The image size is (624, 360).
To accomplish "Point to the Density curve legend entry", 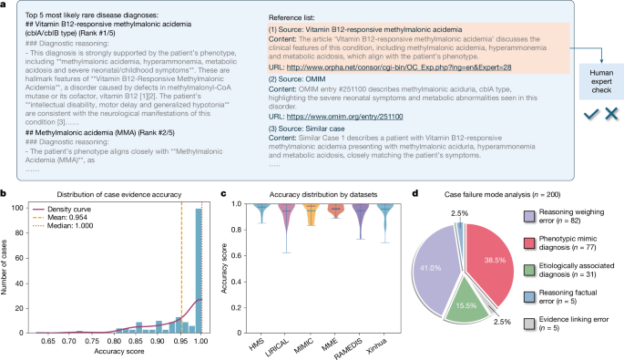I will [x=78, y=209].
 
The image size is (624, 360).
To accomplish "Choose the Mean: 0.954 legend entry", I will [x=77, y=219].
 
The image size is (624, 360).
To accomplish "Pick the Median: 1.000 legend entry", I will [x=80, y=229].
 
